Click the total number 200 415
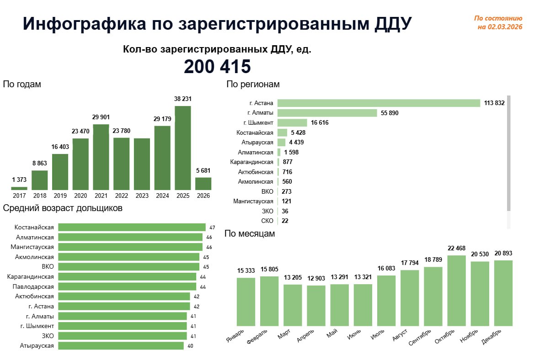click(x=217, y=67)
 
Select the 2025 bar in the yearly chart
click(x=183, y=148)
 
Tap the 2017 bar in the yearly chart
click(x=19, y=188)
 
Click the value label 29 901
click(x=101, y=117)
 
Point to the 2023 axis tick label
click(x=142, y=196)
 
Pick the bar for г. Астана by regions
click(x=379, y=103)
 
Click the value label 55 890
click(x=390, y=113)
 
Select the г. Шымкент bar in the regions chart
click(x=292, y=122)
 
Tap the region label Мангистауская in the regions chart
click(x=253, y=201)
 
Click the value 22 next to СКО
click(x=285, y=221)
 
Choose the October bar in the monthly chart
click(x=456, y=291)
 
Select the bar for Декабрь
click(x=503, y=293)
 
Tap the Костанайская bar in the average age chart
click(x=132, y=228)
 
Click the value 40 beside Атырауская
click(x=190, y=346)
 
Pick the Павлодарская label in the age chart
click(x=33, y=286)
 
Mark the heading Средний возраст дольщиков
click(x=63, y=208)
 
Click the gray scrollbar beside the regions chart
click(x=508, y=153)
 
